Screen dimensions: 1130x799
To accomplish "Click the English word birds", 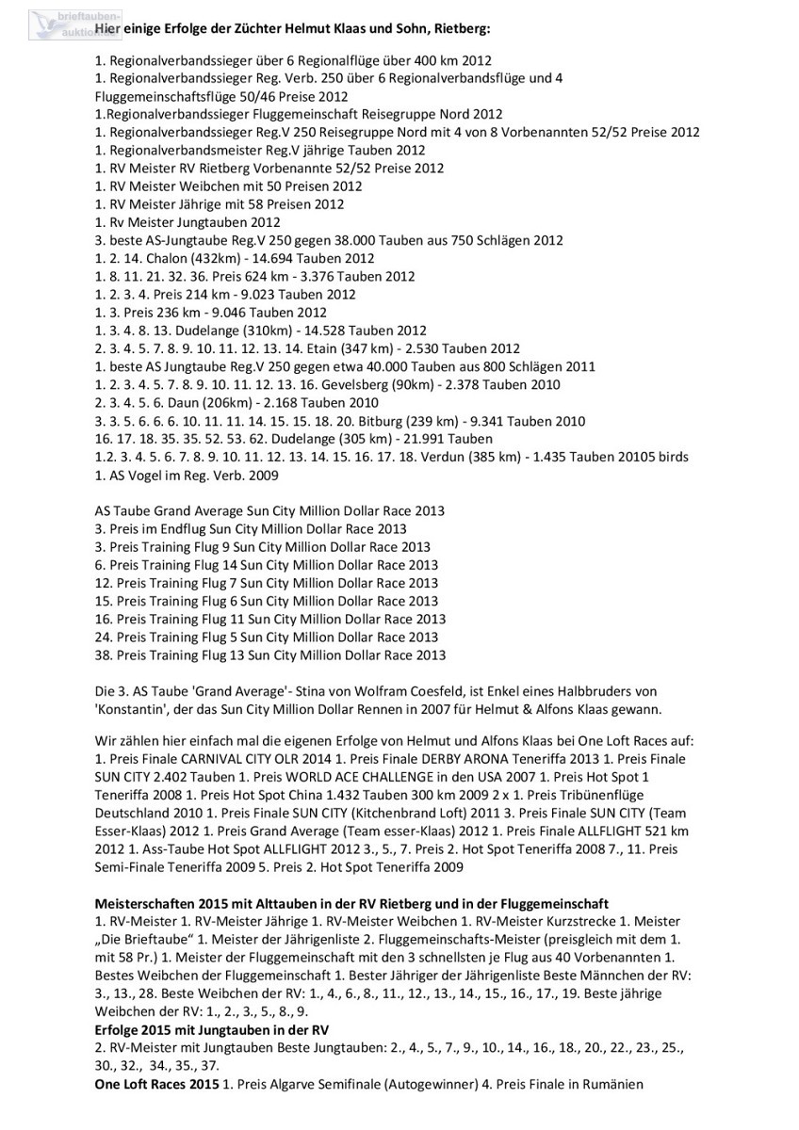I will [670, 457].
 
